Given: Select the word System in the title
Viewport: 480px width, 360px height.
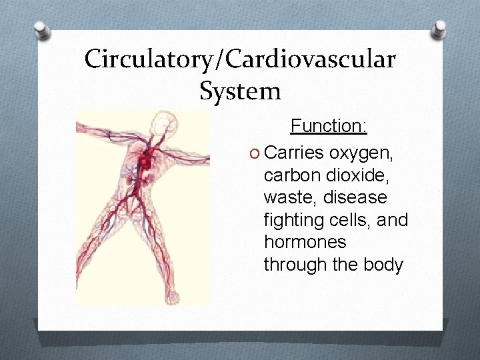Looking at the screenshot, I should (x=240, y=91).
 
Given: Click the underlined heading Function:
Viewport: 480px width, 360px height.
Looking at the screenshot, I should (x=329, y=125).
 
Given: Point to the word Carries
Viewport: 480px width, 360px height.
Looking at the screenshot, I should (x=293, y=153).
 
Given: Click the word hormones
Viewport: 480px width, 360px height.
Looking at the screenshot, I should (x=305, y=242).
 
